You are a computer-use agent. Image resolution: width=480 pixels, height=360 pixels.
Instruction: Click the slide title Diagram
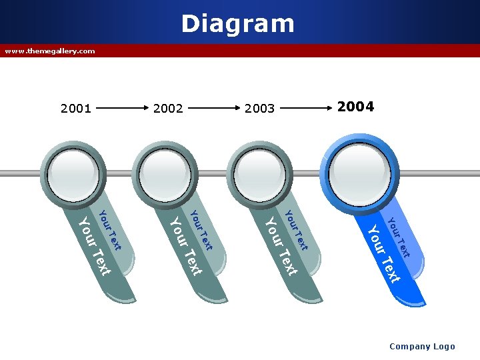[237, 24]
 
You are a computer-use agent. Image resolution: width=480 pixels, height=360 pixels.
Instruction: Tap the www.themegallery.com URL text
[50, 51]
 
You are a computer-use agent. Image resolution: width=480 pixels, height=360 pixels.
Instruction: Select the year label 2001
[75, 108]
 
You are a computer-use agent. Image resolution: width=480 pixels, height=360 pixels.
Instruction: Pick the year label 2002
[168, 108]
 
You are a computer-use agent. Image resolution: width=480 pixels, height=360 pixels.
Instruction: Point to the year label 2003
[260, 108]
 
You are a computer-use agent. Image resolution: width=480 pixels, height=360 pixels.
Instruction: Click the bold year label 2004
[355, 107]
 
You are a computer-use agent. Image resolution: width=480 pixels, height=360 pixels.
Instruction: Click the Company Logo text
[422, 346]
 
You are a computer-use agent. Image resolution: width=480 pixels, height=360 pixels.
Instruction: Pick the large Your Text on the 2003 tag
[281, 246]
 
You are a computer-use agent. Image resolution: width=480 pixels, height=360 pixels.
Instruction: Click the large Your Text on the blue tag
[384, 254]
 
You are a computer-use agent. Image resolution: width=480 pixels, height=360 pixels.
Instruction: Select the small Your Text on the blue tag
[398, 237]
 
